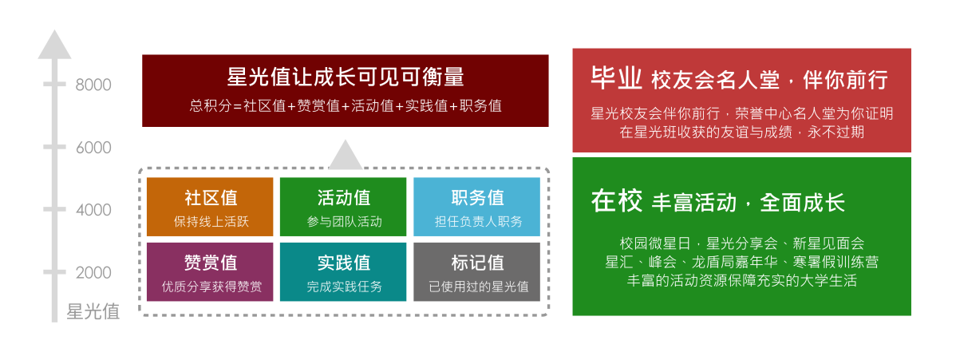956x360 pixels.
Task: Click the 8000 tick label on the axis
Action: point(93,85)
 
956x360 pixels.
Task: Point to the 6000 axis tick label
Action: point(93,148)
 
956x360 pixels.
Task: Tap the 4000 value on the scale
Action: point(93,211)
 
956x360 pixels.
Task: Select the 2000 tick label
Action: point(93,273)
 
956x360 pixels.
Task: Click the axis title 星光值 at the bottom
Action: point(93,311)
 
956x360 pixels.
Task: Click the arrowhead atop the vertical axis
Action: point(54,45)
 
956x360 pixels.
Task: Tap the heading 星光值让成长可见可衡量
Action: point(345,77)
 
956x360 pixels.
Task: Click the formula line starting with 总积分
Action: point(345,105)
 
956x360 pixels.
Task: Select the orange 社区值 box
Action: point(210,207)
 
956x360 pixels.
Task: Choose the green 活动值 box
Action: point(343,207)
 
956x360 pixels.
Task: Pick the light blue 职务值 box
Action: point(476,207)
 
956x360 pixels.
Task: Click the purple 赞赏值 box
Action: point(210,272)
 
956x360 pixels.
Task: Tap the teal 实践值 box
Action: point(343,272)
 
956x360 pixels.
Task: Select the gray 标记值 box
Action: point(476,272)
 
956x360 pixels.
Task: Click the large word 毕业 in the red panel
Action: point(616,78)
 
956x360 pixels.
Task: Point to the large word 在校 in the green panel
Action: point(616,201)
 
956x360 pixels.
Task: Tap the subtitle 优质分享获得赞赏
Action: point(211,287)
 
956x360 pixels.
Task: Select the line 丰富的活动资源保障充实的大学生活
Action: point(742,281)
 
